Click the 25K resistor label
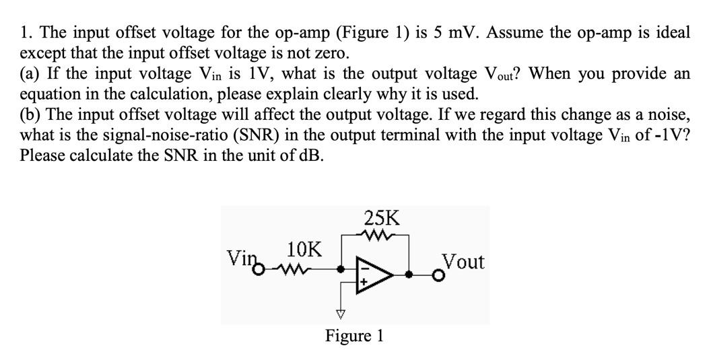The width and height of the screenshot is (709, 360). coord(381,217)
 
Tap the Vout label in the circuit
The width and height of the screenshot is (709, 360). coord(463,261)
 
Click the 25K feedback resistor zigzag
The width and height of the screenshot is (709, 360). coord(372,235)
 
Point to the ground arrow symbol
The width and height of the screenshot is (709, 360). coord(341,313)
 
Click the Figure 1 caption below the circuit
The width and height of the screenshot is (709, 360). coord(354,335)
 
